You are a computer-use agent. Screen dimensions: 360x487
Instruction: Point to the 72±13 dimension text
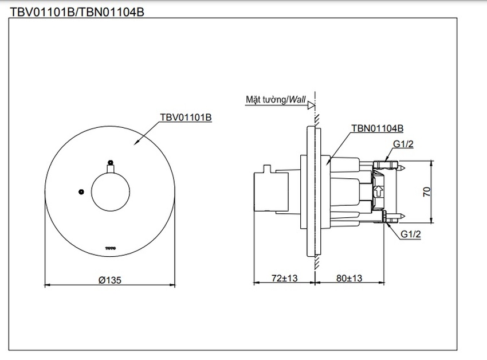285,279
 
